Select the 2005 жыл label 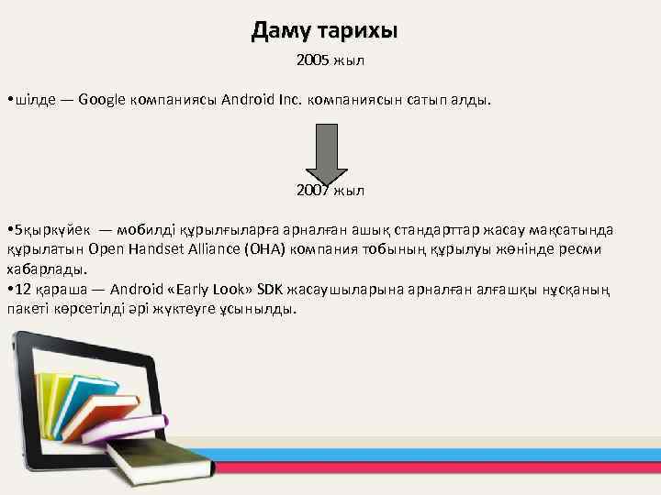pos(330,61)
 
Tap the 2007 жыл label pos(330,191)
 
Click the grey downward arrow pos(326,155)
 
